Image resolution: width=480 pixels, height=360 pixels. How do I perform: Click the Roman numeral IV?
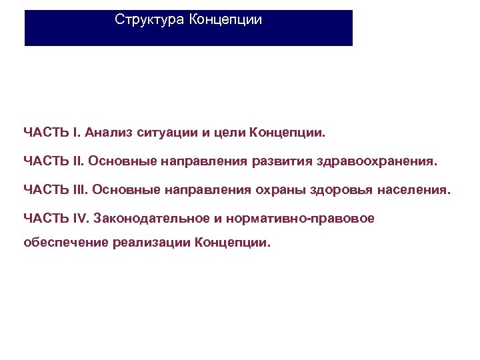click(79, 219)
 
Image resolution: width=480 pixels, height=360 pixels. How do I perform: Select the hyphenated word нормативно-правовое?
click(299, 219)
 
